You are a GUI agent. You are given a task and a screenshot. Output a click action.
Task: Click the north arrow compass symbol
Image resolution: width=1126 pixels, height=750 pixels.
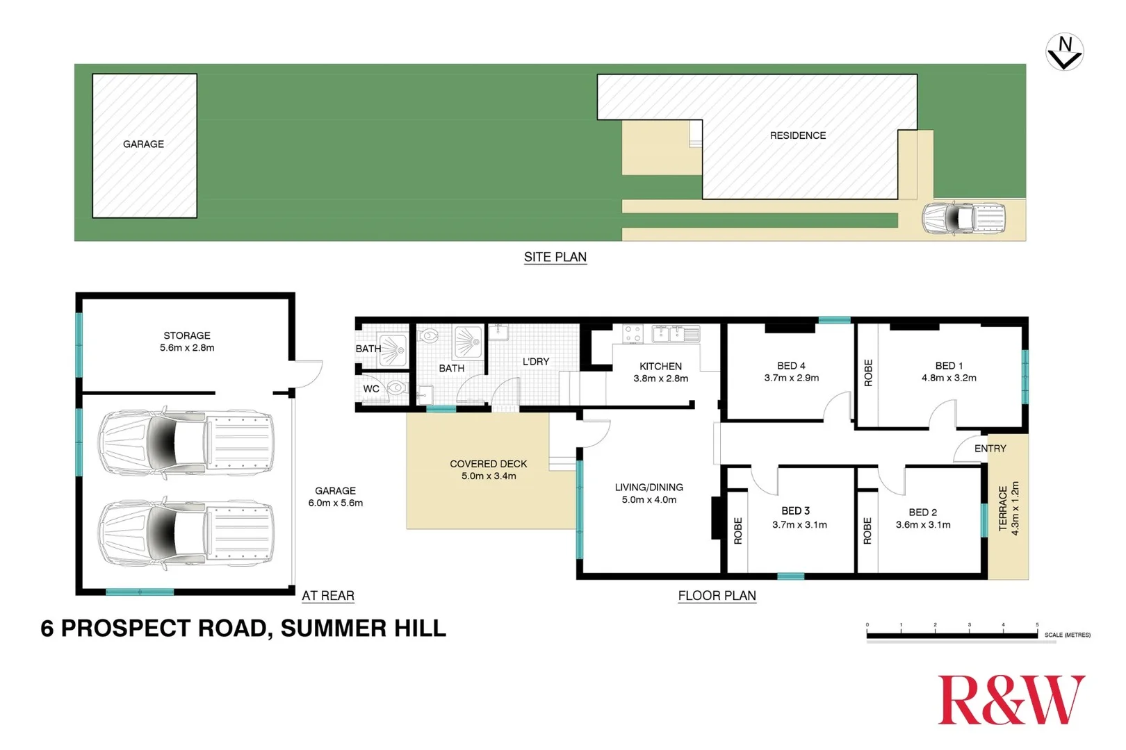(x=1064, y=52)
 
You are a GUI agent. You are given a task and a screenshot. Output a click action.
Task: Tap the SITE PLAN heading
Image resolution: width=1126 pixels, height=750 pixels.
(x=555, y=257)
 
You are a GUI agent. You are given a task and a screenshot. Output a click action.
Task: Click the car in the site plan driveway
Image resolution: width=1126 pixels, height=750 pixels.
(x=964, y=219)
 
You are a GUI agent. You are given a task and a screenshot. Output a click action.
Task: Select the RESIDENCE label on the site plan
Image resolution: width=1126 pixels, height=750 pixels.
(x=797, y=135)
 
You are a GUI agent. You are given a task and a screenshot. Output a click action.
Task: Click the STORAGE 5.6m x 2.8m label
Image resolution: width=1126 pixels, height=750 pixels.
(x=187, y=342)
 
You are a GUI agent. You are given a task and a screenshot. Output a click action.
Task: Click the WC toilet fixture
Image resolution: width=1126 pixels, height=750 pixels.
(x=396, y=388)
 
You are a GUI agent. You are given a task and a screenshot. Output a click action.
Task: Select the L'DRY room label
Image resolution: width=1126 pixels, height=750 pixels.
(x=535, y=362)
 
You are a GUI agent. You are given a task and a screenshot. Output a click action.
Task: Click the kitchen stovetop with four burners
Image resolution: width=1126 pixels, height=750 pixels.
(x=633, y=334)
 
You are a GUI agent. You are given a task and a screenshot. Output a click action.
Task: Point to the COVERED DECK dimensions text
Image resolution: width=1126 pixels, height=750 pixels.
(x=489, y=476)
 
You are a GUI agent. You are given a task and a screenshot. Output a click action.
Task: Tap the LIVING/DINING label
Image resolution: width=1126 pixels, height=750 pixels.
(x=648, y=487)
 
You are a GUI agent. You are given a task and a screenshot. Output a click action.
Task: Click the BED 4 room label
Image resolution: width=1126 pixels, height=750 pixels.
(x=791, y=366)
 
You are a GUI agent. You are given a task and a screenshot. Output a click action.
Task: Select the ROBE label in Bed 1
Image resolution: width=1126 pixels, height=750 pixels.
(x=867, y=373)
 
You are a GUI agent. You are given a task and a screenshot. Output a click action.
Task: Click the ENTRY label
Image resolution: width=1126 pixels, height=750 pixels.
(x=990, y=449)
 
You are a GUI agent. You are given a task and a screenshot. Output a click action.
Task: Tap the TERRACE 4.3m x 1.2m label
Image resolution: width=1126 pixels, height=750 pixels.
(x=1009, y=508)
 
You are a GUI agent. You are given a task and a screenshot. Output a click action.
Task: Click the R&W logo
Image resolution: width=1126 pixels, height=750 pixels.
(x=1011, y=700)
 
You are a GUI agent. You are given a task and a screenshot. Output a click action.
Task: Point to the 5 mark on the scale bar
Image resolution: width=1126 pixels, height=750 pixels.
(x=1037, y=625)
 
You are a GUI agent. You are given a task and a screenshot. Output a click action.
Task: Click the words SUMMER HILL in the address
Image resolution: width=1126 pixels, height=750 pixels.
(x=363, y=628)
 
